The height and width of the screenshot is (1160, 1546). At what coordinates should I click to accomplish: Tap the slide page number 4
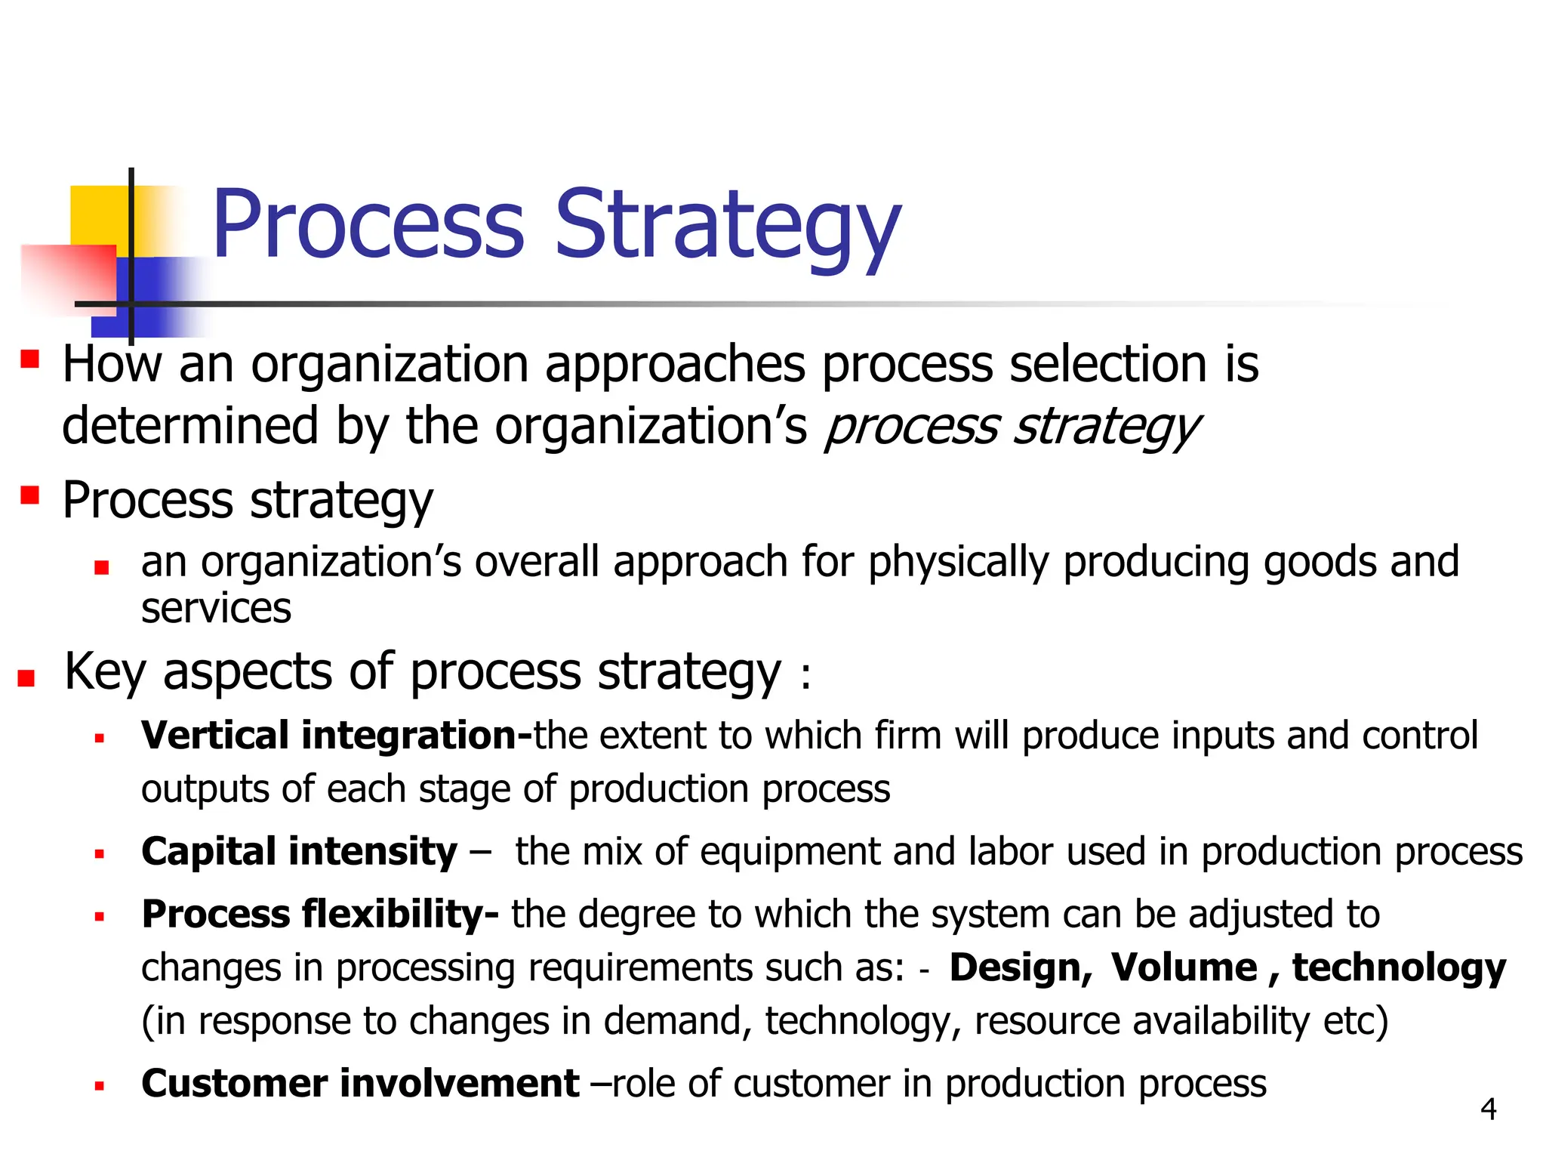[1488, 1109]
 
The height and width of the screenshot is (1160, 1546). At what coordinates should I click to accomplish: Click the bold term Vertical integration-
[337, 736]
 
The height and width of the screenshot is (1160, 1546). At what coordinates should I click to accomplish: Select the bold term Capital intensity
[299, 852]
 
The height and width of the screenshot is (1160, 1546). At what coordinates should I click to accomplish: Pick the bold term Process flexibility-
[319, 915]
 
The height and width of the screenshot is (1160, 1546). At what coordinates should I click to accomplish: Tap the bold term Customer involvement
[360, 1084]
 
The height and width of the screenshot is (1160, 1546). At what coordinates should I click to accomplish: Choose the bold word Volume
[1184, 968]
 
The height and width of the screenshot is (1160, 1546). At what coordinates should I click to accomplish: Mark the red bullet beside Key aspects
[26, 677]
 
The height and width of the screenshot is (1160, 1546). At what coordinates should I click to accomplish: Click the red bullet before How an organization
[30, 358]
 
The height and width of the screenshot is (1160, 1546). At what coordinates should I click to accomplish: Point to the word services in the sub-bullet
[216, 609]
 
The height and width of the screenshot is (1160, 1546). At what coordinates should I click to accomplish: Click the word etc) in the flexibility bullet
[1356, 1021]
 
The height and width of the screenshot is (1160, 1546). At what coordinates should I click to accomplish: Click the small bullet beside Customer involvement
[99, 1087]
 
